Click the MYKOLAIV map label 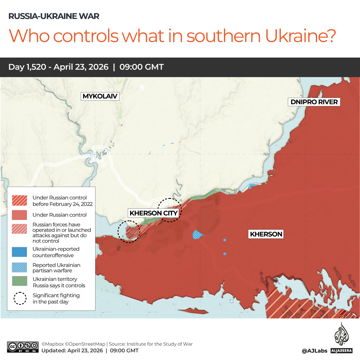point(100,96)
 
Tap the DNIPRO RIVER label point(314,102)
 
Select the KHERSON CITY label point(154,213)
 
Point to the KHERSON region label point(266,234)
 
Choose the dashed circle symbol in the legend point(20,298)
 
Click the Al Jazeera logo point(341,338)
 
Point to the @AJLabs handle point(314,351)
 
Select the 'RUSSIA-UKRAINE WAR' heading point(54,16)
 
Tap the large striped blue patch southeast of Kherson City point(198,235)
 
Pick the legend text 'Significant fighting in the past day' point(56,298)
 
